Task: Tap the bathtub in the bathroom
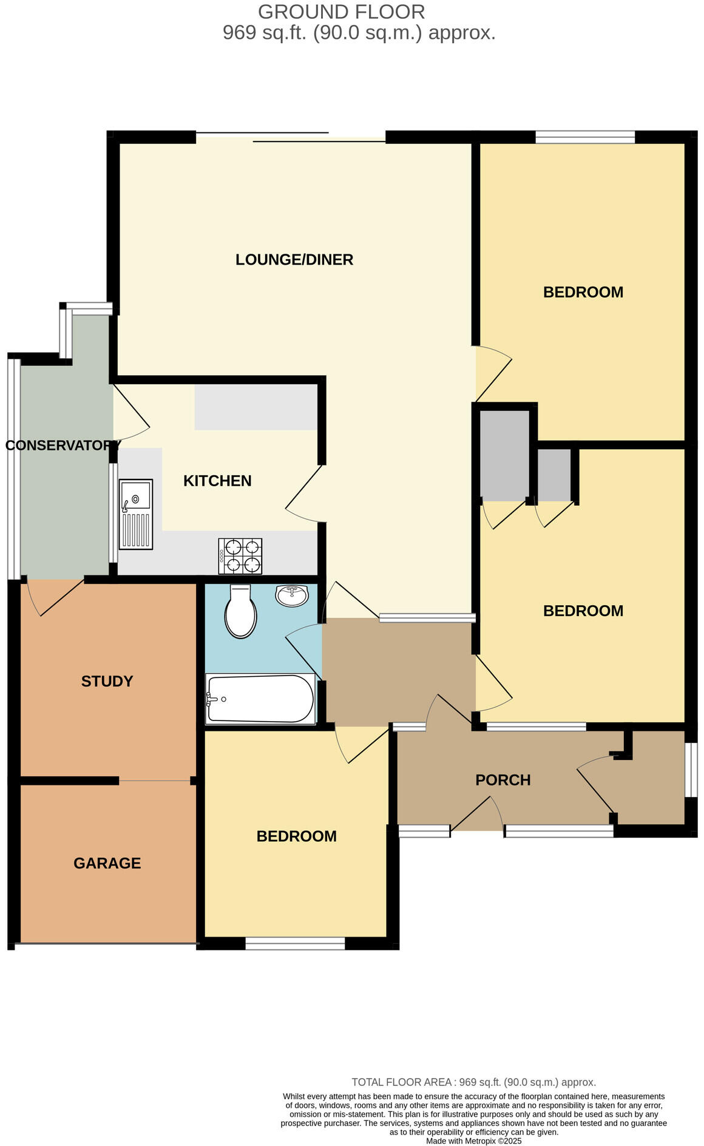point(260,699)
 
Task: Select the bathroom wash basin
point(292,595)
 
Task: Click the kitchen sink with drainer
point(136,514)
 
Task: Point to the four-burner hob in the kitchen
point(240,556)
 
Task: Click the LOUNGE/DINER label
point(294,260)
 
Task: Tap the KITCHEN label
point(217,481)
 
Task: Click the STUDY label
point(107,681)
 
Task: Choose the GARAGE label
point(107,863)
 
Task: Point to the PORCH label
point(503,780)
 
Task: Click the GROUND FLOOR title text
point(341,12)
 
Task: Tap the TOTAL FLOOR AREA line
point(473,1082)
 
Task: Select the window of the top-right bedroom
point(584,137)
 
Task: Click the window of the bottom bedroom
point(295,943)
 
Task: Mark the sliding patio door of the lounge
point(290,137)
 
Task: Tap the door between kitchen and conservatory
point(130,413)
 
